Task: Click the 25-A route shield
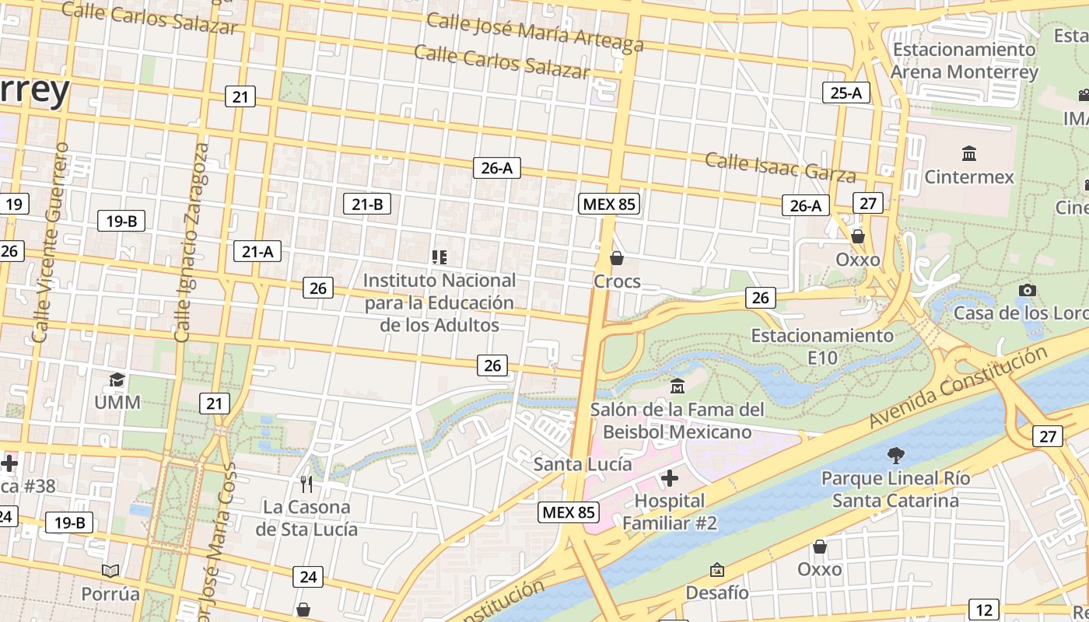pyautogui.click(x=846, y=93)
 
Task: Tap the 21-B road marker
pyautogui.click(x=367, y=204)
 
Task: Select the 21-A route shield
pyautogui.click(x=257, y=251)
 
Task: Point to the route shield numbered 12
pyautogui.click(x=984, y=610)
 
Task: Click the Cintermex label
pyautogui.click(x=969, y=176)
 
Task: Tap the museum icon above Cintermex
pyautogui.click(x=969, y=152)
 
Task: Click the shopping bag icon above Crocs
pyautogui.click(x=617, y=257)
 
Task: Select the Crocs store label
pyautogui.click(x=617, y=281)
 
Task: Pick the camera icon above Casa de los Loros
pyautogui.click(x=1027, y=290)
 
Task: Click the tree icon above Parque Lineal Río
pyautogui.click(x=896, y=455)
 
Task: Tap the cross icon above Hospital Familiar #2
pyautogui.click(x=669, y=477)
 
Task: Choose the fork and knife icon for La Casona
pyautogui.click(x=306, y=484)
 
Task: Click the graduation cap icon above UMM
pyautogui.click(x=117, y=379)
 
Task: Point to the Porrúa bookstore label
pyautogui.click(x=110, y=594)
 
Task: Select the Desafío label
pyautogui.click(x=717, y=592)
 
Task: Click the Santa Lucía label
pyautogui.click(x=583, y=464)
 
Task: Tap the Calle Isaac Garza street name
pyautogui.click(x=780, y=166)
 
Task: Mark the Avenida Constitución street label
pyautogui.click(x=958, y=387)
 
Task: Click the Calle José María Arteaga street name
pyautogui.click(x=535, y=31)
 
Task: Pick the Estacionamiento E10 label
pyautogui.click(x=822, y=346)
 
